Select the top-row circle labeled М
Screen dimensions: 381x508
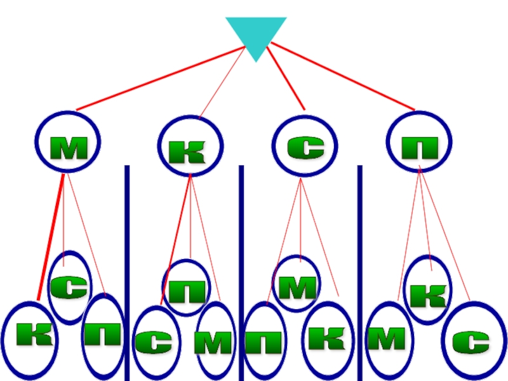63,143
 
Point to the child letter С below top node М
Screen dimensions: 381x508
69,287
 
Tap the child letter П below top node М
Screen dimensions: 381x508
104,335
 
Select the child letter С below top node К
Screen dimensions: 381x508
153,343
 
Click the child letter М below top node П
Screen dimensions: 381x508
387,340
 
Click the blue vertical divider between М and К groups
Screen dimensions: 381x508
127,267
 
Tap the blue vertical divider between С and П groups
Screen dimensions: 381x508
359,267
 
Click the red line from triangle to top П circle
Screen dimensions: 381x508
343,76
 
